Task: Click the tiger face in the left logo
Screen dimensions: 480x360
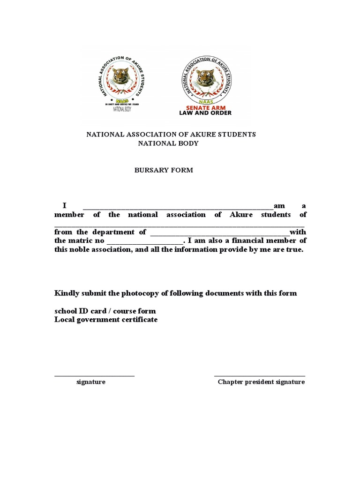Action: (x=120, y=76)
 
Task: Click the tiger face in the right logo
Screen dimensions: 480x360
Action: (x=205, y=77)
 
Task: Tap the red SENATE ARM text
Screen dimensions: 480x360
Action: (x=205, y=108)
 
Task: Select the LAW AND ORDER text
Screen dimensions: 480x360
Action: (x=205, y=113)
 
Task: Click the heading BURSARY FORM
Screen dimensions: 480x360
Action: (x=164, y=170)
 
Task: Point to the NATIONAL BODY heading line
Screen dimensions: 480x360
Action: (x=168, y=143)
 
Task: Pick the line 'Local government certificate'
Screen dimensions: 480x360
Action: (x=106, y=320)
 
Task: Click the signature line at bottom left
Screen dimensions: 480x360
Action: (x=94, y=375)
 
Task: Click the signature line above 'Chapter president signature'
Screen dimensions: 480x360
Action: (x=260, y=375)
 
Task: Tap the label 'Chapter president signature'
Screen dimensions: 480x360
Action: (x=261, y=382)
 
